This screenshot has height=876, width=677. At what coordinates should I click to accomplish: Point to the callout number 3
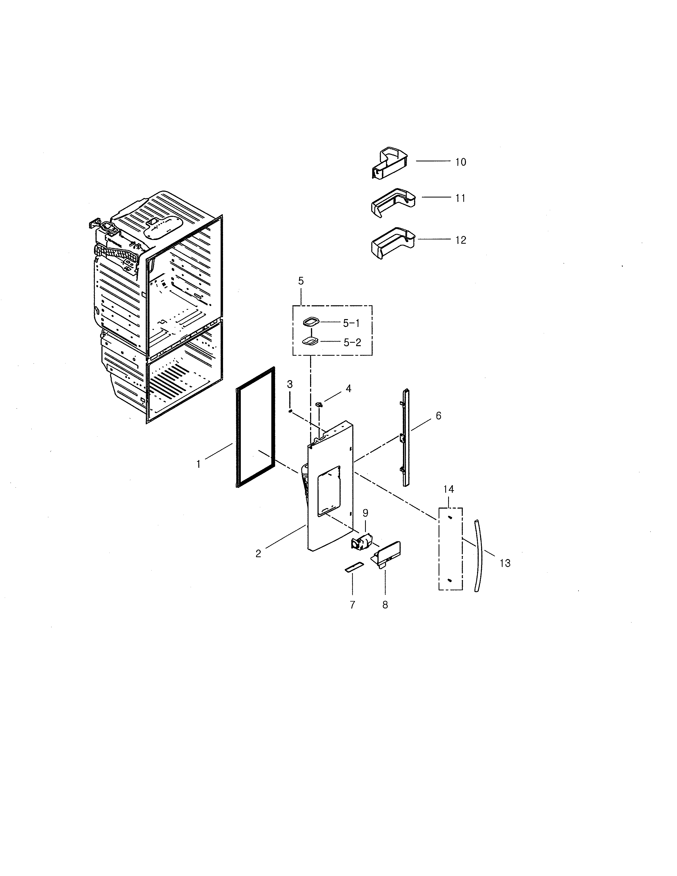coord(290,384)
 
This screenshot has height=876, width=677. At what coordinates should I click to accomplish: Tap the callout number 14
coord(448,489)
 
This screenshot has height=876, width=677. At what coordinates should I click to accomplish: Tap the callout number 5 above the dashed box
coord(301,281)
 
